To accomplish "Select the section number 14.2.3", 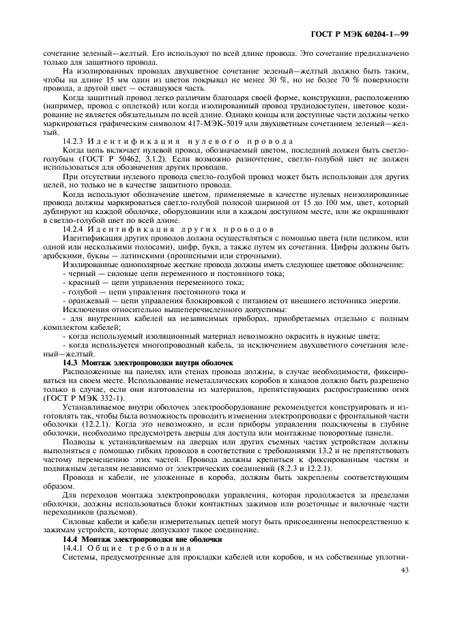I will click(x=74, y=140).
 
